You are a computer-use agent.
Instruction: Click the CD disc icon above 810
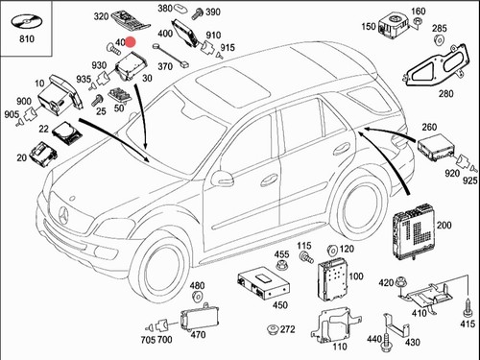(27, 22)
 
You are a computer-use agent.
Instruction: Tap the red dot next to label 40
(131, 42)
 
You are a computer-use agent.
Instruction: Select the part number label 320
(101, 16)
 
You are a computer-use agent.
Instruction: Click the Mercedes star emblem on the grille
(63, 215)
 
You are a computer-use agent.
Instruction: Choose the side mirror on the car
(222, 179)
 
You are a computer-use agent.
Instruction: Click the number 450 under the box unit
(280, 305)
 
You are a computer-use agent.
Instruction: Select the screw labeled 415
(468, 307)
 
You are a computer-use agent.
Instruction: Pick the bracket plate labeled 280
(437, 65)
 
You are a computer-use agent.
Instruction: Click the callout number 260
(429, 127)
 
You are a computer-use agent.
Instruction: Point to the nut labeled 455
(281, 266)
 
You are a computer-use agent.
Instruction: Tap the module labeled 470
(199, 317)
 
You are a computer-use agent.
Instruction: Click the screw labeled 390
(198, 13)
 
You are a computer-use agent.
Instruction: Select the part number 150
(369, 26)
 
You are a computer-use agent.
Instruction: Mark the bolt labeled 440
(386, 344)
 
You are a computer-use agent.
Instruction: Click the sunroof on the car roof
(233, 86)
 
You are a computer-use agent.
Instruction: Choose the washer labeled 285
(438, 39)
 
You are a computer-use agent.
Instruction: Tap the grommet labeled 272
(273, 329)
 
